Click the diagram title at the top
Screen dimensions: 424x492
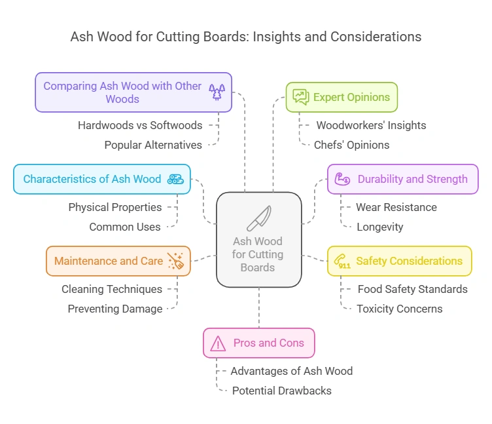246,37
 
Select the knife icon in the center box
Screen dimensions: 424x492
258,218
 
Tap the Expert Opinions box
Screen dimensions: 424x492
342,97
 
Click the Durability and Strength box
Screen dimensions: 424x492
402,179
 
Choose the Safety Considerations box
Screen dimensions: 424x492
399,261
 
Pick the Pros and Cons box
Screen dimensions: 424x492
258,343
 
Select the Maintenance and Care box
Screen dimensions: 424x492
118,261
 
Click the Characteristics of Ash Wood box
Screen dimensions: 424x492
102,179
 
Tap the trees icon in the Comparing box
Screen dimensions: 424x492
216,92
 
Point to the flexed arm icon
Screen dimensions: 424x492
342,179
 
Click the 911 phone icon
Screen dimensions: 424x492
342,261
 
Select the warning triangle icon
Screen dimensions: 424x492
218,343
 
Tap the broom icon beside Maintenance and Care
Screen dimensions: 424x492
175,261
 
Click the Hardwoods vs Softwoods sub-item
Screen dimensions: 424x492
140,125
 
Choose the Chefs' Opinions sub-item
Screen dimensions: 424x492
351,145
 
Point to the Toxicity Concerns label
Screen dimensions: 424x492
399,309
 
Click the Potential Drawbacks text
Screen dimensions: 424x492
281,391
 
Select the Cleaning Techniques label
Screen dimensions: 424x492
112,289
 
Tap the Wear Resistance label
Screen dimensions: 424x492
396,207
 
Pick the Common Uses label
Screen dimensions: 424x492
125,227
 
